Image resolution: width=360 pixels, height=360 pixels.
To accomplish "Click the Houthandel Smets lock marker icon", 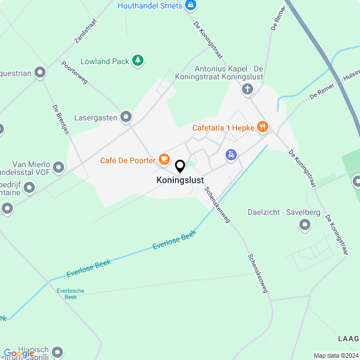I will click(x=191, y=6).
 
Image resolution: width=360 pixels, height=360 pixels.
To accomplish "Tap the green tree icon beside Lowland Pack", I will click(x=138, y=61).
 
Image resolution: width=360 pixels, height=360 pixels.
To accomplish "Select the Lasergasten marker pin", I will click(x=126, y=117).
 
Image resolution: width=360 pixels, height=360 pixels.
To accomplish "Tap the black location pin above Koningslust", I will click(x=180, y=166).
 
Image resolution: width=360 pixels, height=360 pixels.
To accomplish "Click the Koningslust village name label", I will click(x=180, y=181).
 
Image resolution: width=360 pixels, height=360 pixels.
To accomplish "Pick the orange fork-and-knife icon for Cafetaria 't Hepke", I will click(x=262, y=128).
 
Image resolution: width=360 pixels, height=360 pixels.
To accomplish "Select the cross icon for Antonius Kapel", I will click(x=247, y=89).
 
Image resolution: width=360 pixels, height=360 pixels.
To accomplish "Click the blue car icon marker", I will click(x=231, y=155).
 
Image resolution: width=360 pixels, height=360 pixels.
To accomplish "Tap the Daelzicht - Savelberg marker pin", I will click(x=305, y=226).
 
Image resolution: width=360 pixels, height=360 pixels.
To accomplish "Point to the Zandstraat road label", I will click(x=85, y=31).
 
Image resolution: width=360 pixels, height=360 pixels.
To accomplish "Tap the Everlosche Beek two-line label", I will click(x=70, y=294).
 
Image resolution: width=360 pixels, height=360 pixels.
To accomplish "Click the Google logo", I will click(x=19, y=353).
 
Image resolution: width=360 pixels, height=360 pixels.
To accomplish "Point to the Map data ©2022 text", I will click(x=335, y=355).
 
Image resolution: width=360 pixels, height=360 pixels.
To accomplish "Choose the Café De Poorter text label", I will click(x=128, y=160).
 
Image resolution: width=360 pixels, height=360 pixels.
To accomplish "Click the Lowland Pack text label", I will click(x=105, y=61).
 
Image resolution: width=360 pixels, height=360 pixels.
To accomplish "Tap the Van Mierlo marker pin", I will click(x=58, y=167).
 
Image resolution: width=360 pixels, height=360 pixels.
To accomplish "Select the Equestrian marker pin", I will click(x=40, y=72).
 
